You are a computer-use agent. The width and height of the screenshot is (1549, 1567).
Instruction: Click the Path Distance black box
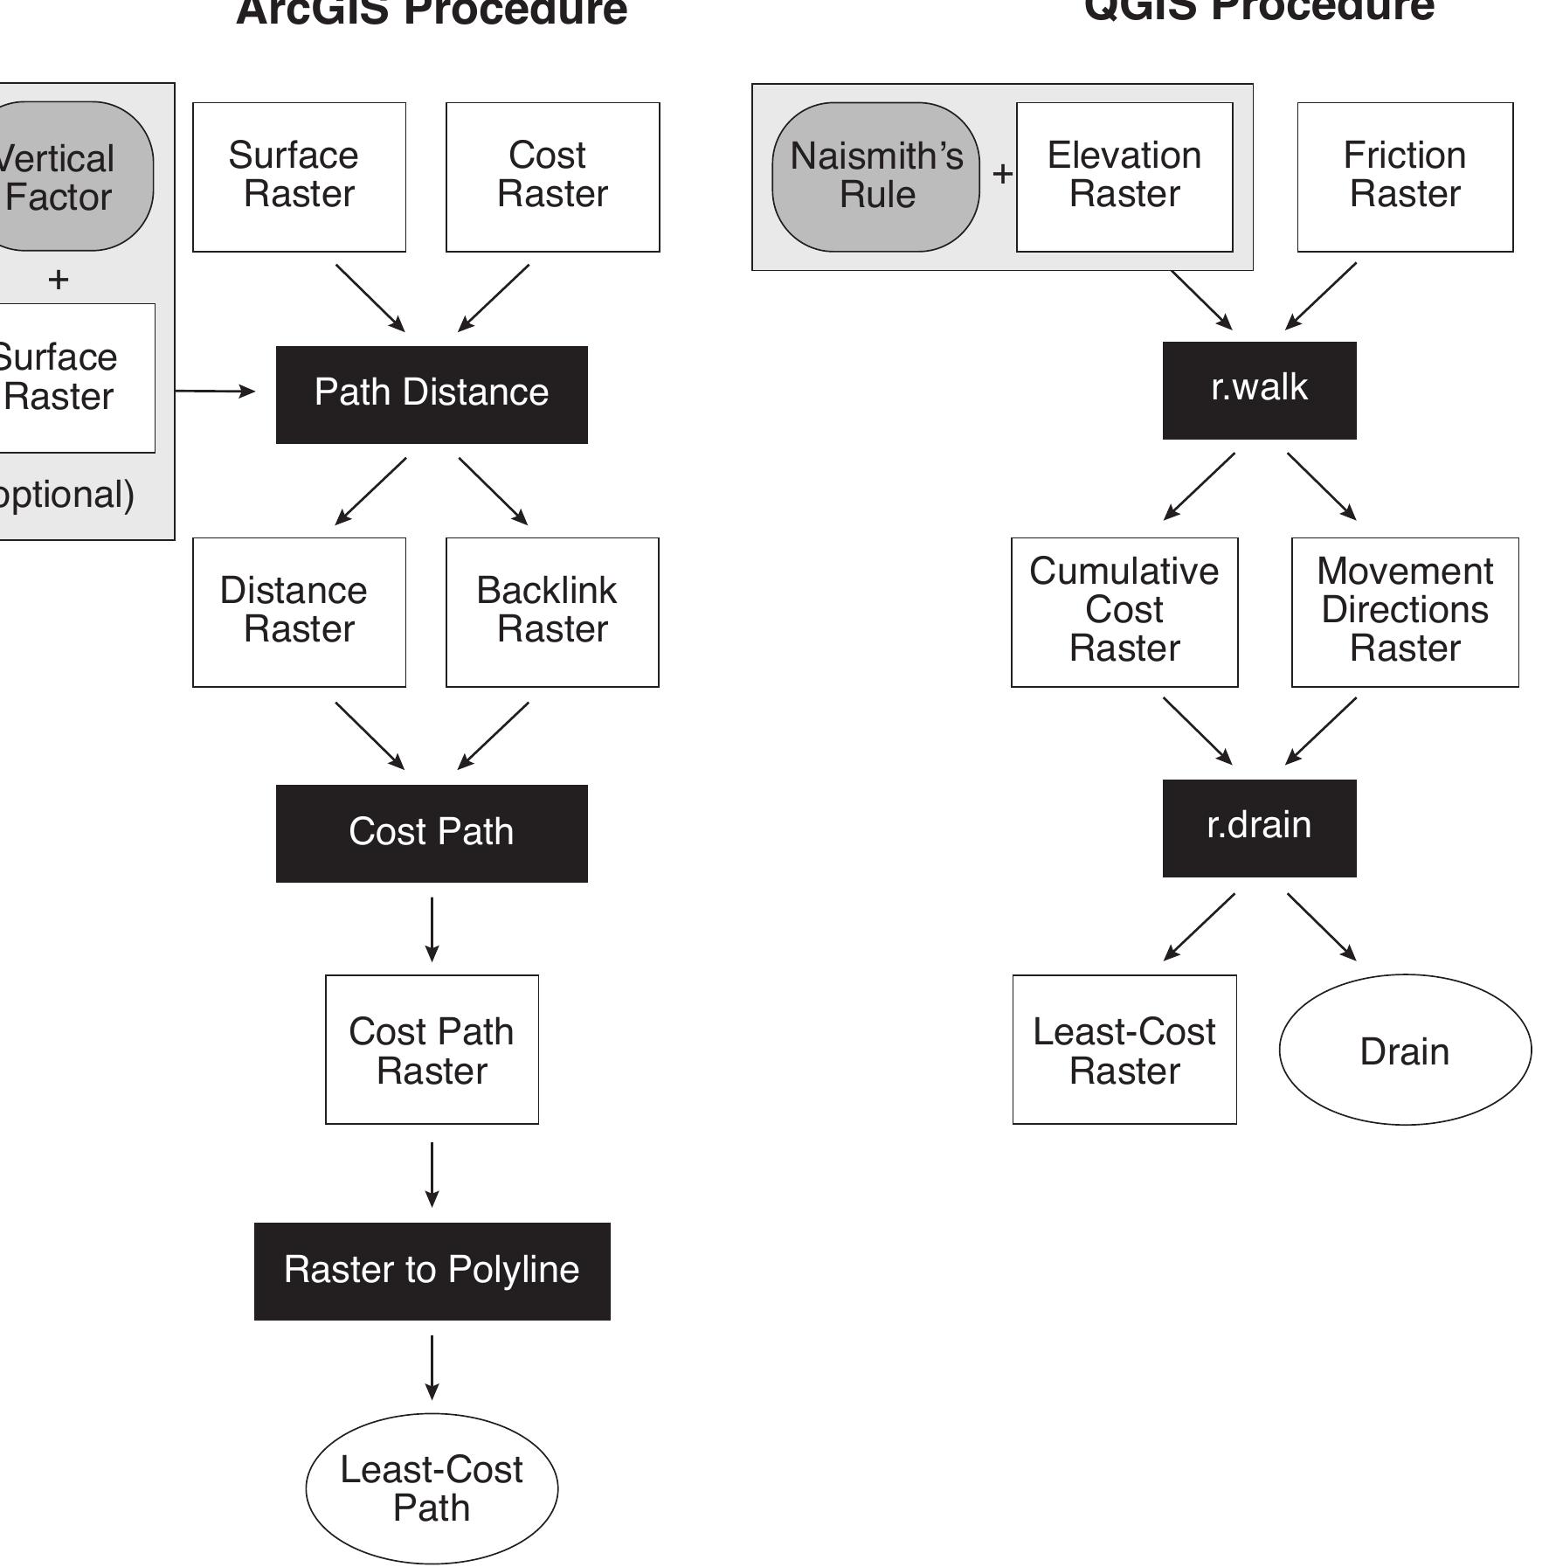[432, 394]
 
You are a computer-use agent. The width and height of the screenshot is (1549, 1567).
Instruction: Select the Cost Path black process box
[432, 833]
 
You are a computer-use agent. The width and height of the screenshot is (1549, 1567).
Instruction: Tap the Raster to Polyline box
[432, 1271]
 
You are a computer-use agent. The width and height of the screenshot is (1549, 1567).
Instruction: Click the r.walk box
[1259, 390]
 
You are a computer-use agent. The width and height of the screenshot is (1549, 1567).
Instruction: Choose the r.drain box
[1259, 828]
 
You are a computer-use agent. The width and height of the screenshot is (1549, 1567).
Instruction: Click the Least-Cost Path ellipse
[432, 1488]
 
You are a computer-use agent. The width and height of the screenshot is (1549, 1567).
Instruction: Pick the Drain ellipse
[1405, 1049]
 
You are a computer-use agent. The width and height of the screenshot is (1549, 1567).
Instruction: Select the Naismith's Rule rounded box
[875, 177]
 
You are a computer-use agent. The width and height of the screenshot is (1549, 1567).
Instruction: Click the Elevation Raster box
[1124, 177]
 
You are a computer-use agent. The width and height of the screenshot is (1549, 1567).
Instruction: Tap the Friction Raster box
[1405, 177]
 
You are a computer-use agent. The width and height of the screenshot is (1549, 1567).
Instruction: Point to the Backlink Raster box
[552, 612]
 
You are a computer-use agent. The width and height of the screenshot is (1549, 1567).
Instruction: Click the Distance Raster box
[299, 612]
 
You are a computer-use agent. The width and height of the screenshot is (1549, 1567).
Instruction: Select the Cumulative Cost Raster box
[1124, 612]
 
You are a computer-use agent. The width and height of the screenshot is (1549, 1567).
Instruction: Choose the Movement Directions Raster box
[1405, 612]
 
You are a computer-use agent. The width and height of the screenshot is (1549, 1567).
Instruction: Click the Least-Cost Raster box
[1124, 1049]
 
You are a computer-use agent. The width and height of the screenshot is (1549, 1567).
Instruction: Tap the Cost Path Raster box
[432, 1049]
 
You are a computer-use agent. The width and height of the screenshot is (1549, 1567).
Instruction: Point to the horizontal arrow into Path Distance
[215, 392]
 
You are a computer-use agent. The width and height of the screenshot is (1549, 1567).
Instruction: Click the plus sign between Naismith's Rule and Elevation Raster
[1002, 174]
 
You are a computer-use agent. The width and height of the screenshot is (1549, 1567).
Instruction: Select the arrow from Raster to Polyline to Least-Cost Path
[432, 1366]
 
